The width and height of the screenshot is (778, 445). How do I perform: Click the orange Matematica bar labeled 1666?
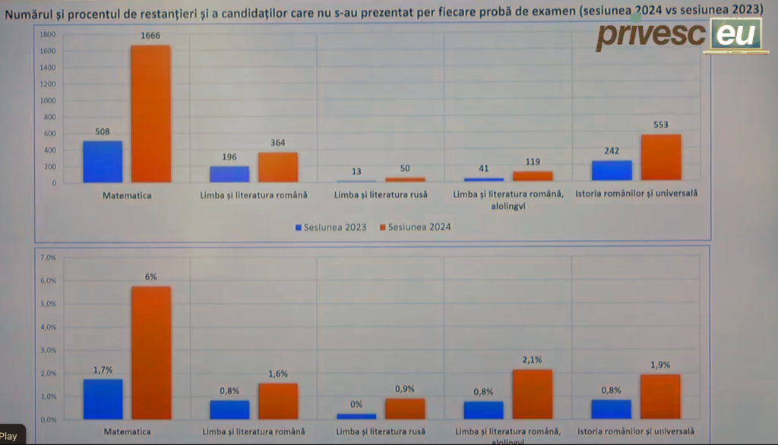click(150, 114)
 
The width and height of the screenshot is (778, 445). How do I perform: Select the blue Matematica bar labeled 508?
click(103, 162)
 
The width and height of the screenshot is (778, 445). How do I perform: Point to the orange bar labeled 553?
click(661, 158)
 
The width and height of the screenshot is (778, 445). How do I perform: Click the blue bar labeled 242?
click(612, 171)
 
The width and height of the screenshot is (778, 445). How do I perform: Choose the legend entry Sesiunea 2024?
click(415, 227)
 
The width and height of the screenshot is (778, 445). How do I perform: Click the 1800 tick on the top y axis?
click(47, 35)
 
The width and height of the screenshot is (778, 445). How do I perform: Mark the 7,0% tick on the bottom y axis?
click(47, 257)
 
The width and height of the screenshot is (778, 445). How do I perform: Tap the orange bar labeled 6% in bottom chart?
click(150, 352)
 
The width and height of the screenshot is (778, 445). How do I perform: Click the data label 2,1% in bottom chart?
click(532, 360)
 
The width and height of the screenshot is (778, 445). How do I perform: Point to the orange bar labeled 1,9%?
click(661, 396)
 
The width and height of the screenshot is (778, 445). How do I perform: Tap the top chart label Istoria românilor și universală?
click(636, 194)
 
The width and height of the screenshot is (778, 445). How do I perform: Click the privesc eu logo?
click(678, 35)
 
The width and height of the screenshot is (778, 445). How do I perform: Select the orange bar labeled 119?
click(533, 176)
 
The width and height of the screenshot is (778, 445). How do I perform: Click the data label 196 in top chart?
click(229, 157)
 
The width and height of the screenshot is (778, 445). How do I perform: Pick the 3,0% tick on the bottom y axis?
click(47, 350)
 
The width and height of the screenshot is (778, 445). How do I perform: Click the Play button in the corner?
click(9, 437)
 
